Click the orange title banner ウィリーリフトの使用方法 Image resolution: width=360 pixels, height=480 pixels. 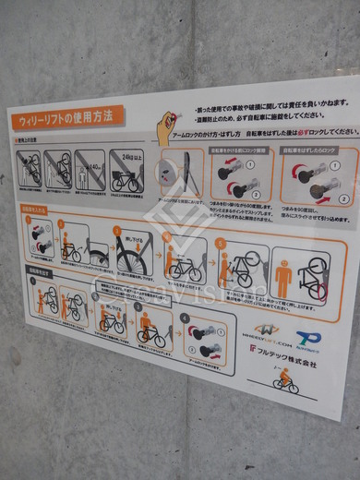[65, 118]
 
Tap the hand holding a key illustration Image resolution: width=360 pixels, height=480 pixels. [166, 127]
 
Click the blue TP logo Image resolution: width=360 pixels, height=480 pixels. [309, 340]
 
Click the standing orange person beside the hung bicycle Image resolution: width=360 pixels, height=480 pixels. [283, 277]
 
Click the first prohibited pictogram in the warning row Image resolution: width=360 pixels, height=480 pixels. [29, 169]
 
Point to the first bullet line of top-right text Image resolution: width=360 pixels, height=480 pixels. [268, 103]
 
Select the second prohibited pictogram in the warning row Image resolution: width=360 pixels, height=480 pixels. [59, 169]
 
